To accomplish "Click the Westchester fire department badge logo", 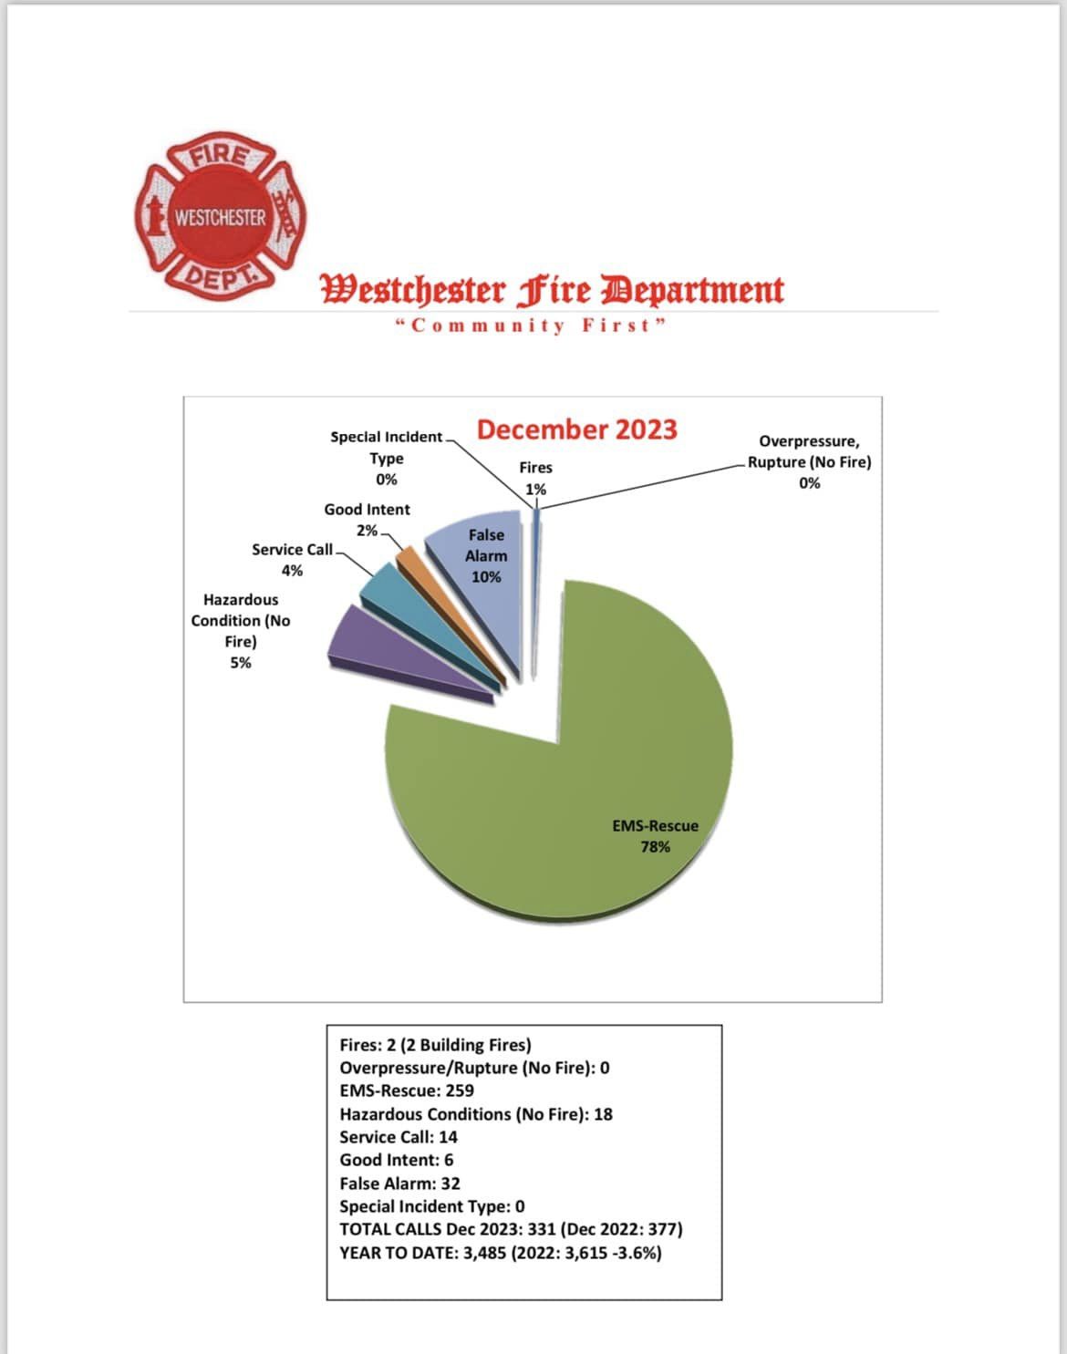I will click(220, 217).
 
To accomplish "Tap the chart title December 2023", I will click(576, 429).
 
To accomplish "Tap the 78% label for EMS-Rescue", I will click(655, 847).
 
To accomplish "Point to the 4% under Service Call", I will click(292, 571).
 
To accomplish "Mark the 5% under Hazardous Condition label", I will click(241, 663).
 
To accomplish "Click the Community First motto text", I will click(531, 326).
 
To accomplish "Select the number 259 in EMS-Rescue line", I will click(460, 1090).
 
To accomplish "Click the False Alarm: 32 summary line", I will click(399, 1183).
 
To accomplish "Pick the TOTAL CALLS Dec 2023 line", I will click(511, 1229).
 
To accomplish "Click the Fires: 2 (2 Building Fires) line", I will click(435, 1045).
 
